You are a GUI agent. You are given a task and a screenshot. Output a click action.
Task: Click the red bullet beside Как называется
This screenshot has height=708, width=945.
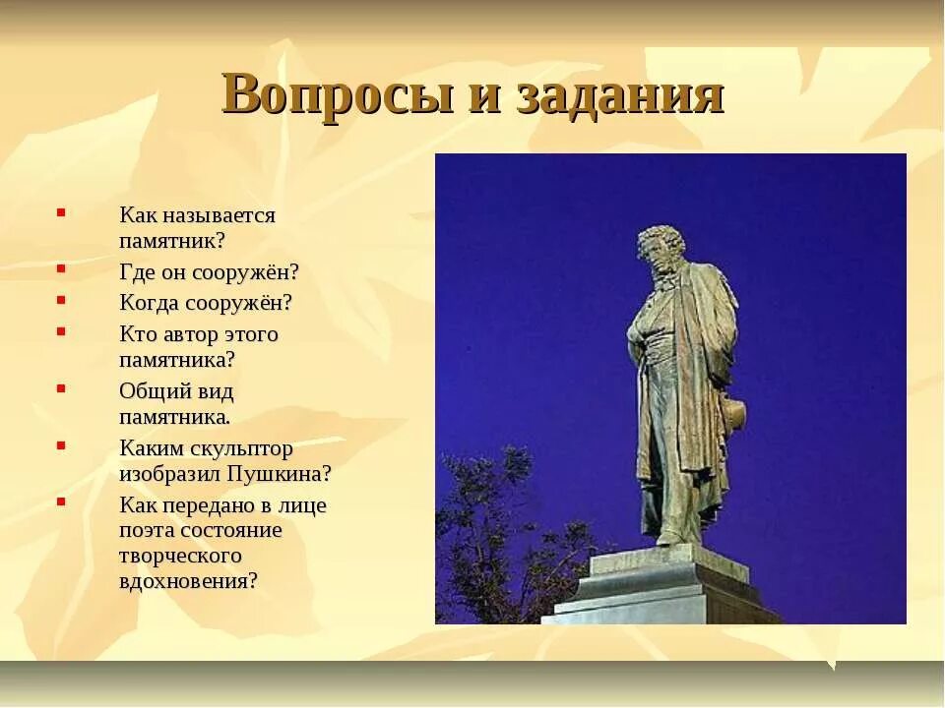61,211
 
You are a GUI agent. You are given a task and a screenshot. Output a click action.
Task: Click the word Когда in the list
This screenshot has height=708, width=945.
150,303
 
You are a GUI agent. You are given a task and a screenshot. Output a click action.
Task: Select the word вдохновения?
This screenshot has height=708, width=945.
189,580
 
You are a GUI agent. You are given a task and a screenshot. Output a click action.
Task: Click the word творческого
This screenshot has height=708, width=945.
181,556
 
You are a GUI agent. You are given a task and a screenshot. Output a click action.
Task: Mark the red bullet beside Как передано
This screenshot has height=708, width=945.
61,501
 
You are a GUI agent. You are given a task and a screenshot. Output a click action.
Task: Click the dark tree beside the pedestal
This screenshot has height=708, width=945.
492,551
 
